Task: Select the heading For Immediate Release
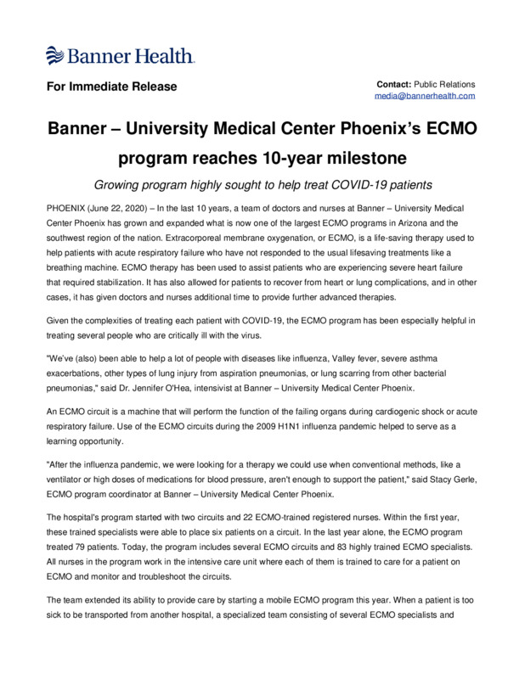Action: pyautogui.click(x=110, y=87)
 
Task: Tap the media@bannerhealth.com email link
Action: pyautogui.click(x=425, y=97)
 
